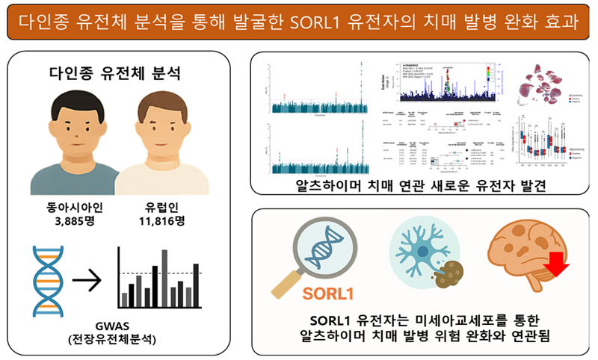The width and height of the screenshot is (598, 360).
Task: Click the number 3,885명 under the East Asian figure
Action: pos(72,221)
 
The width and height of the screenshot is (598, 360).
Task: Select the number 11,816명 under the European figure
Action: pos(160,221)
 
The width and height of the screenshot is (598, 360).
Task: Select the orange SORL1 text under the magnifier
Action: pos(328,292)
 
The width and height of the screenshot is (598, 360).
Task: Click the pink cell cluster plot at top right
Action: pos(549,85)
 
